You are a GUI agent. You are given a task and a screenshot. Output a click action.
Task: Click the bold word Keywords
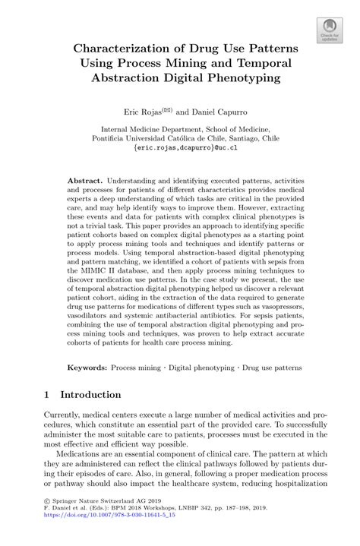(86, 367)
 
